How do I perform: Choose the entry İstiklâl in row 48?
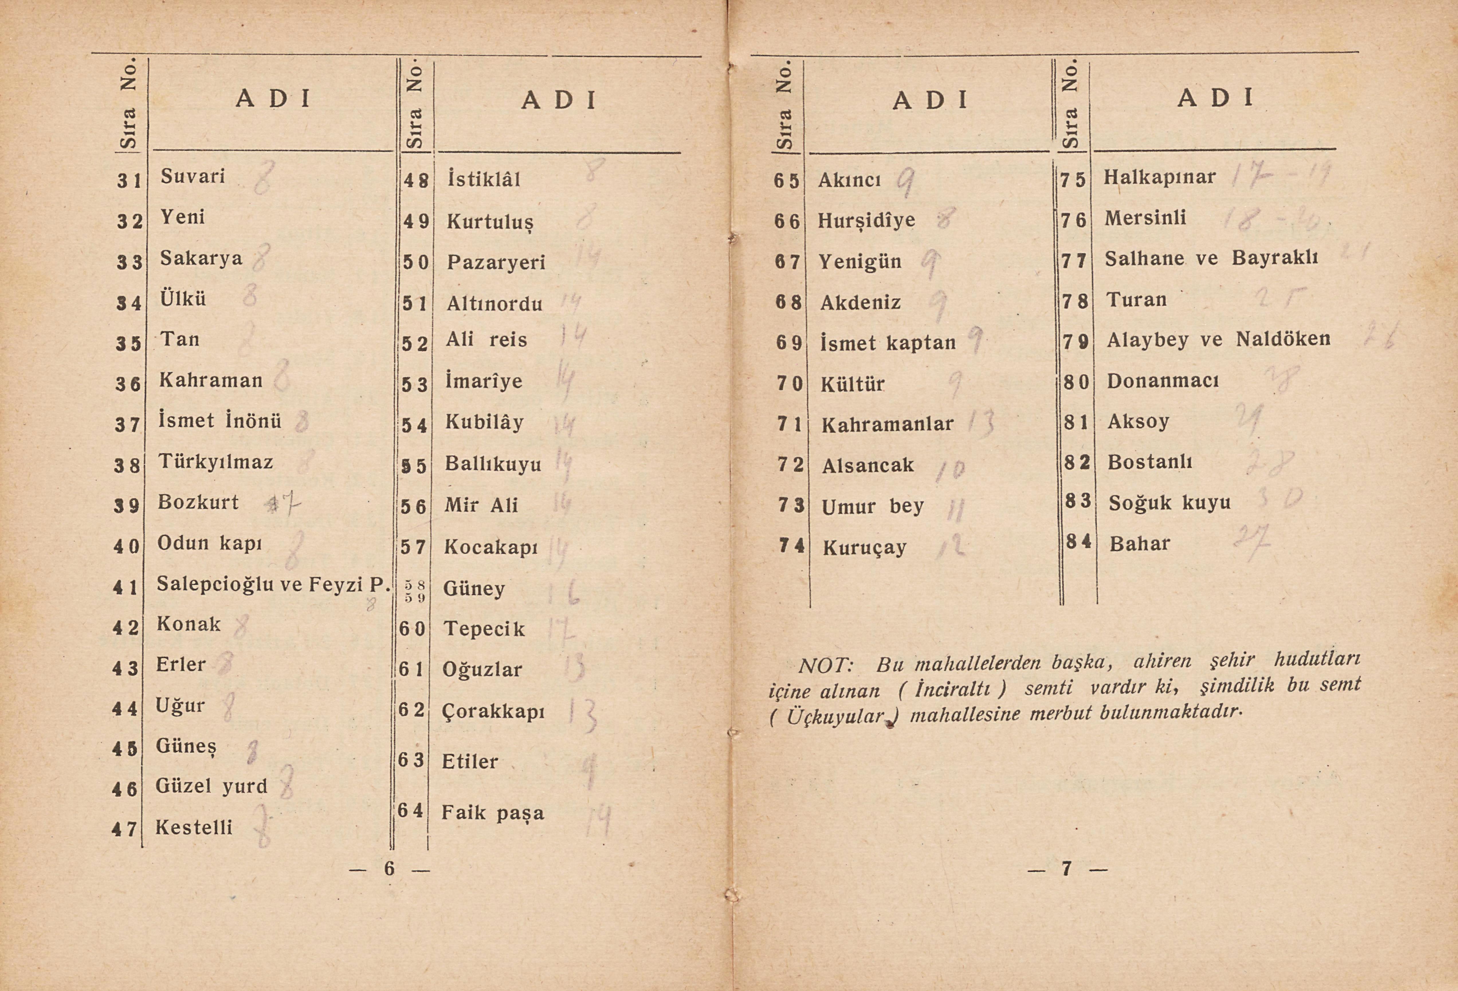tap(484, 180)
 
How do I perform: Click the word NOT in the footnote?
tap(824, 665)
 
